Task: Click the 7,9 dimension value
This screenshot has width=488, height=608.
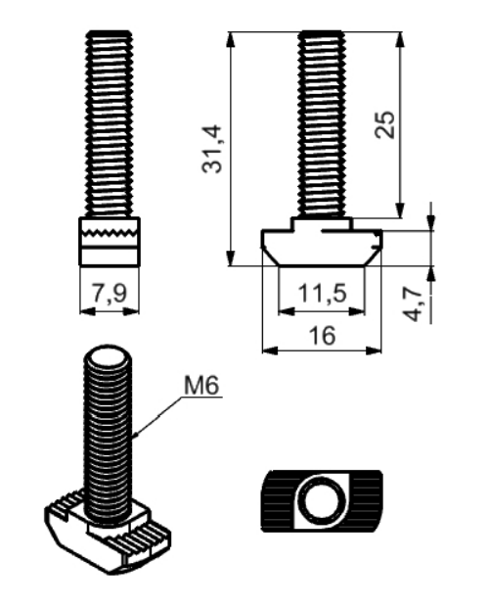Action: pyautogui.click(x=110, y=293)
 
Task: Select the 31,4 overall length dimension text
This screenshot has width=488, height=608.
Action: pyautogui.click(x=212, y=149)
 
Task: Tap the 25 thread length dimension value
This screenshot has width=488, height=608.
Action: pyautogui.click(x=385, y=124)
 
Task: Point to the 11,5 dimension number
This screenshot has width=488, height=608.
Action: pyautogui.click(x=322, y=293)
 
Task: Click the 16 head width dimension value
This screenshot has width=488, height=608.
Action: pyautogui.click(x=322, y=336)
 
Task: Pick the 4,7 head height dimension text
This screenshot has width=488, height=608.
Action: pyautogui.click(x=413, y=304)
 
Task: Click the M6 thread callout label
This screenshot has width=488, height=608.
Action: pyautogui.click(x=201, y=386)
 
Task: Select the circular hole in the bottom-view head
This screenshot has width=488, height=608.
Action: pyautogui.click(x=325, y=500)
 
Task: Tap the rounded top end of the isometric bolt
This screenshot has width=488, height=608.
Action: pyautogui.click(x=108, y=355)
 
